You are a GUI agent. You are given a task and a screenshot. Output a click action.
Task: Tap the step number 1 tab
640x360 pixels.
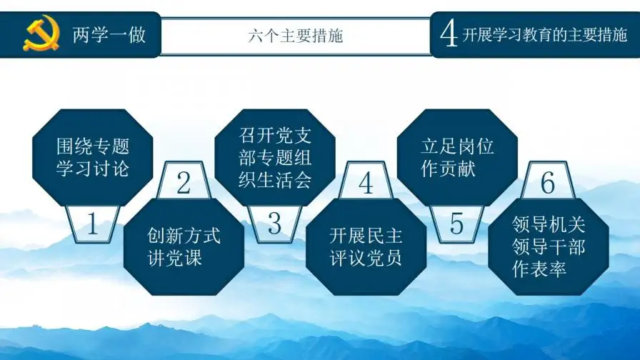pos(93,225)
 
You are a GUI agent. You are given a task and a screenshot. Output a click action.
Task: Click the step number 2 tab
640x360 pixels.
pos(184,183)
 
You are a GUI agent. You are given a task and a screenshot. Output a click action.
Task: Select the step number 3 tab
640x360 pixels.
pos(275,224)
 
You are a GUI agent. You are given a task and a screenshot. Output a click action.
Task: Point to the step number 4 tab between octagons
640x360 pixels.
pos(366,183)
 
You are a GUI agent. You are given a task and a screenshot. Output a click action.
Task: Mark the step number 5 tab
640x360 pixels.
pos(457,224)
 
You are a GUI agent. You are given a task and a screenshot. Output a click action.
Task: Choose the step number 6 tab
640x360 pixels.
pos(548,183)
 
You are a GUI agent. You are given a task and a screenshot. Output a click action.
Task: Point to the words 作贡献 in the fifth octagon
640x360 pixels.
pos(449,169)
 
